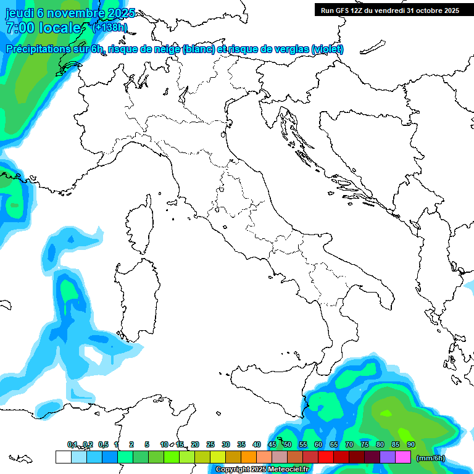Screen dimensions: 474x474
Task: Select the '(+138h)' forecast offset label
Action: click(x=109, y=27)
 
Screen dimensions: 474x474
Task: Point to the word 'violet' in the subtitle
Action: click(x=327, y=49)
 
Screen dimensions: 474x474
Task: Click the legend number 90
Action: click(x=411, y=444)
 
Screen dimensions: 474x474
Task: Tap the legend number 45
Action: click(x=272, y=444)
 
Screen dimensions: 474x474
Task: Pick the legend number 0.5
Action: click(x=103, y=444)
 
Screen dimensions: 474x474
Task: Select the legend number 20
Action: click(x=195, y=444)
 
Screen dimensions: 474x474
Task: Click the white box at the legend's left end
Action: click(x=63, y=457)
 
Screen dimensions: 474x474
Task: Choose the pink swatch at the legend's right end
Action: click(x=403, y=457)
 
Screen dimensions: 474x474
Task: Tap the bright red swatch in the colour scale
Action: click(x=326, y=457)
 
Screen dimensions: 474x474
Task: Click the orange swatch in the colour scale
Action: click(x=249, y=457)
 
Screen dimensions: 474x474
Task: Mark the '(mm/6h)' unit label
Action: click(x=431, y=458)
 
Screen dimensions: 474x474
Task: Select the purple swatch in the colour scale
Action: click(x=388, y=457)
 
